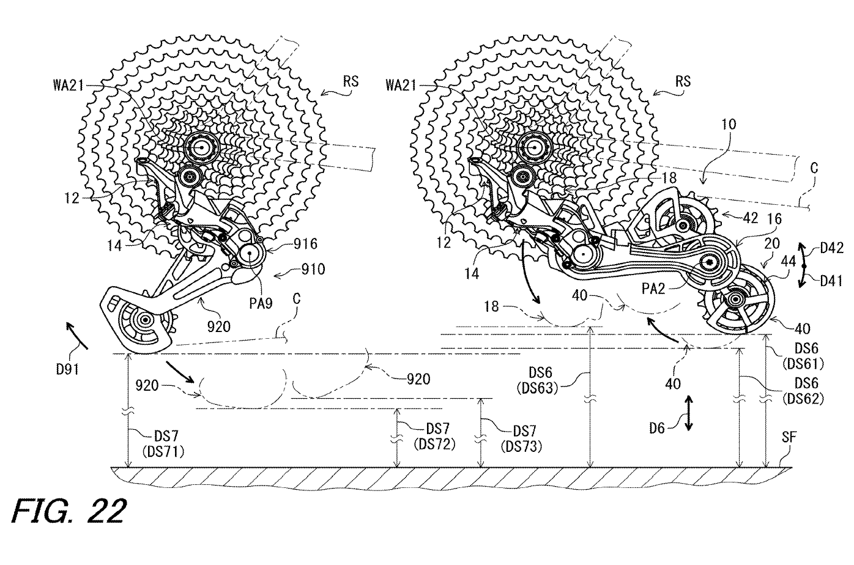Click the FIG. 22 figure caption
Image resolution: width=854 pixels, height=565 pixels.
point(69,511)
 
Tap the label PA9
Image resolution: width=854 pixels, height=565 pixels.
point(261,303)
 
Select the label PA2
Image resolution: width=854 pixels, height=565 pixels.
point(653,289)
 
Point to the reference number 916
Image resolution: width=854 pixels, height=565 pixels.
point(305,244)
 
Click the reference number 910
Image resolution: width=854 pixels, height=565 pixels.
point(313,270)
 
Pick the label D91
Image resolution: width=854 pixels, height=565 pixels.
point(68,369)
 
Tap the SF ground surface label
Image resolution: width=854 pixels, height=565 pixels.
point(789,437)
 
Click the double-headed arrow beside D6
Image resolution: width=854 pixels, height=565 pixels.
point(689,413)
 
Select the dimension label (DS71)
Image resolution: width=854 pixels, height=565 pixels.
point(163,452)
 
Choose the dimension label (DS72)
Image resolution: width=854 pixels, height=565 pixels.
point(434,445)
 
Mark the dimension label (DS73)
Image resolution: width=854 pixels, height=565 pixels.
point(521,446)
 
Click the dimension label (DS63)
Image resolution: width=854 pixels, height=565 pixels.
point(537,388)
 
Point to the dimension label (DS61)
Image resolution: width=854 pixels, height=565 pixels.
point(803,364)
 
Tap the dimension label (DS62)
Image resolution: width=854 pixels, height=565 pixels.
point(803,398)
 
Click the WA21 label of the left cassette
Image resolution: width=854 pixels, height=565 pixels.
point(69,86)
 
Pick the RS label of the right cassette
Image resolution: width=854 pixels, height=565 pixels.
point(683,81)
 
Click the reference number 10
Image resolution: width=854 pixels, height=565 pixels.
point(728,125)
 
